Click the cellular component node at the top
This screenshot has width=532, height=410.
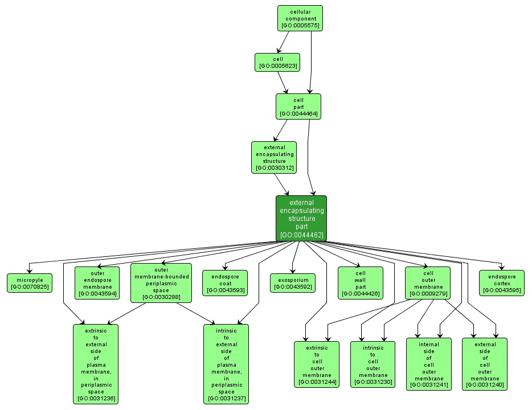300,18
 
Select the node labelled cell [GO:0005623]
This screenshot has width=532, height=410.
277,62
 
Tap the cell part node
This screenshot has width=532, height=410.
298,106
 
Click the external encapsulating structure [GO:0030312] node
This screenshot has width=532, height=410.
274,157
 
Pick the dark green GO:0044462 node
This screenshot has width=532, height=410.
301,218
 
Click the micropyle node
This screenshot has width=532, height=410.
29,282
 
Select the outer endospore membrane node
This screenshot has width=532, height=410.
96,282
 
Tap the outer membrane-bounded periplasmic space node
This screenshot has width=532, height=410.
161,282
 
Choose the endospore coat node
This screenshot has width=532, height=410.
225,282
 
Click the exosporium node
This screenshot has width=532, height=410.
293,283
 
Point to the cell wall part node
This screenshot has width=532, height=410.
360,282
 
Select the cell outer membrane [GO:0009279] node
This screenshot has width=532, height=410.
428,282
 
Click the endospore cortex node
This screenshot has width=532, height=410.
501,283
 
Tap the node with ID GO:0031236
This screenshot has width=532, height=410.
96,364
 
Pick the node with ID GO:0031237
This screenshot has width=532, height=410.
226,364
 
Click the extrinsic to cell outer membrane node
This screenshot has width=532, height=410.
316,364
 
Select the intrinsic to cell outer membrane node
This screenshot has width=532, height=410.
373,364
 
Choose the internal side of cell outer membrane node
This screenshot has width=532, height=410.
428,364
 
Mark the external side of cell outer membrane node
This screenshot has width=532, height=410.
485,364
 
